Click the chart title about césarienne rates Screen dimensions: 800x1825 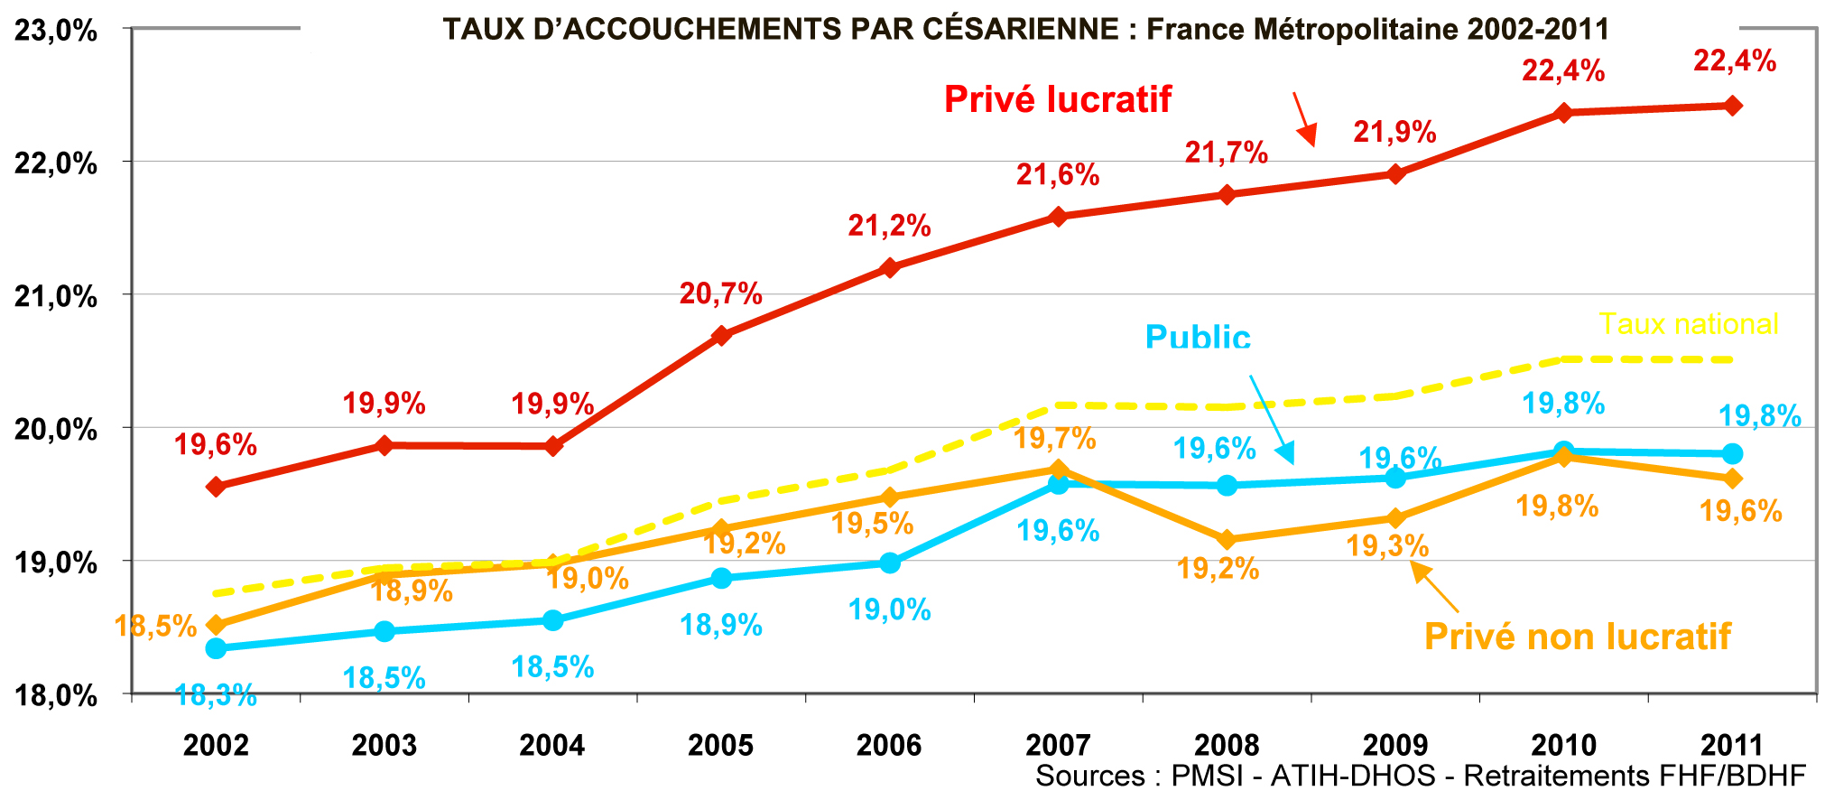pyautogui.click(x=1026, y=30)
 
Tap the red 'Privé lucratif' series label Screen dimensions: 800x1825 pyautogui.click(x=1058, y=99)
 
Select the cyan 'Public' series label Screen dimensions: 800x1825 pyautogui.click(x=1198, y=337)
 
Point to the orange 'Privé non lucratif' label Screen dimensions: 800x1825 pyautogui.click(x=1577, y=637)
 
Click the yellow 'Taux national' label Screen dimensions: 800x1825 pyautogui.click(x=1689, y=323)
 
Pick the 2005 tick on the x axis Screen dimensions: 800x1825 pyautogui.click(x=720, y=745)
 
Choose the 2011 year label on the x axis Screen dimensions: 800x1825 pyautogui.click(x=1732, y=745)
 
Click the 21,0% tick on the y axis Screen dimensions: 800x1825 pyautogui.click(x=56, y=295)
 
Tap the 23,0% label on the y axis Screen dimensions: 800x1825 pyautogui.click(x=56, y=31)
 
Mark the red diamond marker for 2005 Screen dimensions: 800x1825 pyautogui.click(x=721, y=336)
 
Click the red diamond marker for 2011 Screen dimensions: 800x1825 pyautogui.click(x=1733, y=106)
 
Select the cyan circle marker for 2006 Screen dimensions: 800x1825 pyautogui.click(x=890, y=563)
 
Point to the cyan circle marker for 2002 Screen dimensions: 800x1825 pyautogui.click(x=216, y=648)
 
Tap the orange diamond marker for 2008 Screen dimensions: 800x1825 pyautogui.click(x=1227, y=540)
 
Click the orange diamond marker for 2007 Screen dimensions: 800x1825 pyautogui.click(x=1059, y=469)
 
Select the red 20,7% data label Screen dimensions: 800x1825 pyautogui.click(x=720, y=293)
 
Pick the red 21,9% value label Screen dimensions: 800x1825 pyautogui.click(x=1394, y=133)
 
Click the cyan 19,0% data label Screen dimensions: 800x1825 pyautogui.click(x=889, y=610)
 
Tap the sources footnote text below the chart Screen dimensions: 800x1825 pyautogui.click(x=1421, y=776)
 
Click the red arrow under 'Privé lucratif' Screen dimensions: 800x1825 pyautogui.click(x=1304, y=119)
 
